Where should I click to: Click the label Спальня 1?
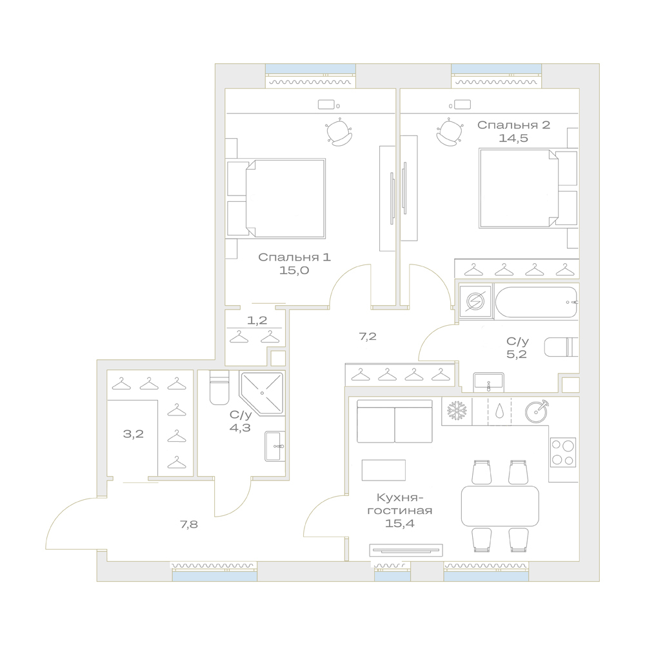(x=294, y=257)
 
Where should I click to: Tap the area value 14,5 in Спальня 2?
(x=513, y=138)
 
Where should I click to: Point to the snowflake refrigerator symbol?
(x=456, y=411)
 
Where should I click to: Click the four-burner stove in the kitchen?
(x=563, y=452)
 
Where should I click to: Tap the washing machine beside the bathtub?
(x=475, y=302)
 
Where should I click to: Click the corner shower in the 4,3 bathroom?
(x=262, y=393)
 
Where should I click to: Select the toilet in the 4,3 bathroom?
(x=219, y=388)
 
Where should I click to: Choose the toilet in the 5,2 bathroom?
(x=562, y=347)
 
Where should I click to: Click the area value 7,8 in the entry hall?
(x=189, y=524)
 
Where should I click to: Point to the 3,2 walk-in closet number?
(x=134, y=433)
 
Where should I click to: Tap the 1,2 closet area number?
(x=257, y=320)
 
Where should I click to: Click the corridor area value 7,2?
(x=368, y=337)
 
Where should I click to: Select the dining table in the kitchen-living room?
(x=500, y=506)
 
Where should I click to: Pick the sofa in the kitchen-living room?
(x=395, y=421)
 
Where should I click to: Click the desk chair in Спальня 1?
(x=339, y=132)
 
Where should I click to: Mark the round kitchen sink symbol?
(x=537, y=411)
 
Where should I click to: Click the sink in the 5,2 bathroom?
(x=489, y=382)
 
